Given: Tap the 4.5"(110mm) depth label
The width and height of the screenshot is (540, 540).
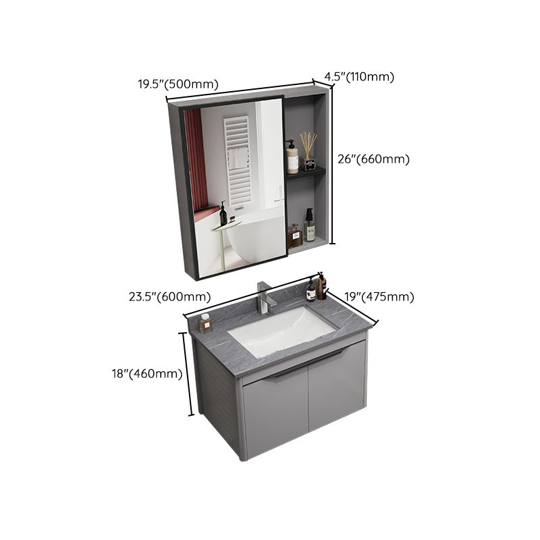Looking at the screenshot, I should pos(359,76).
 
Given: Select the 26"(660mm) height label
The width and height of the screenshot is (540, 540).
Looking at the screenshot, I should pos(373,159).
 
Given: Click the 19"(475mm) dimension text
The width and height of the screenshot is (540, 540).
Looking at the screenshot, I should pos(380,296).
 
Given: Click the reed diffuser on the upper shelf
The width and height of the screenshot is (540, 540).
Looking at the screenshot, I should pos(308,153).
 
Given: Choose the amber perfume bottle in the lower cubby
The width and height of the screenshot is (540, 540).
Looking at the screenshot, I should pos(294,236).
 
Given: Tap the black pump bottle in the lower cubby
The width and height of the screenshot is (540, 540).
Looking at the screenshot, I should pos(309,225).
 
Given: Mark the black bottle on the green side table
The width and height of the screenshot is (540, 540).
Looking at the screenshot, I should pos(223,215).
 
